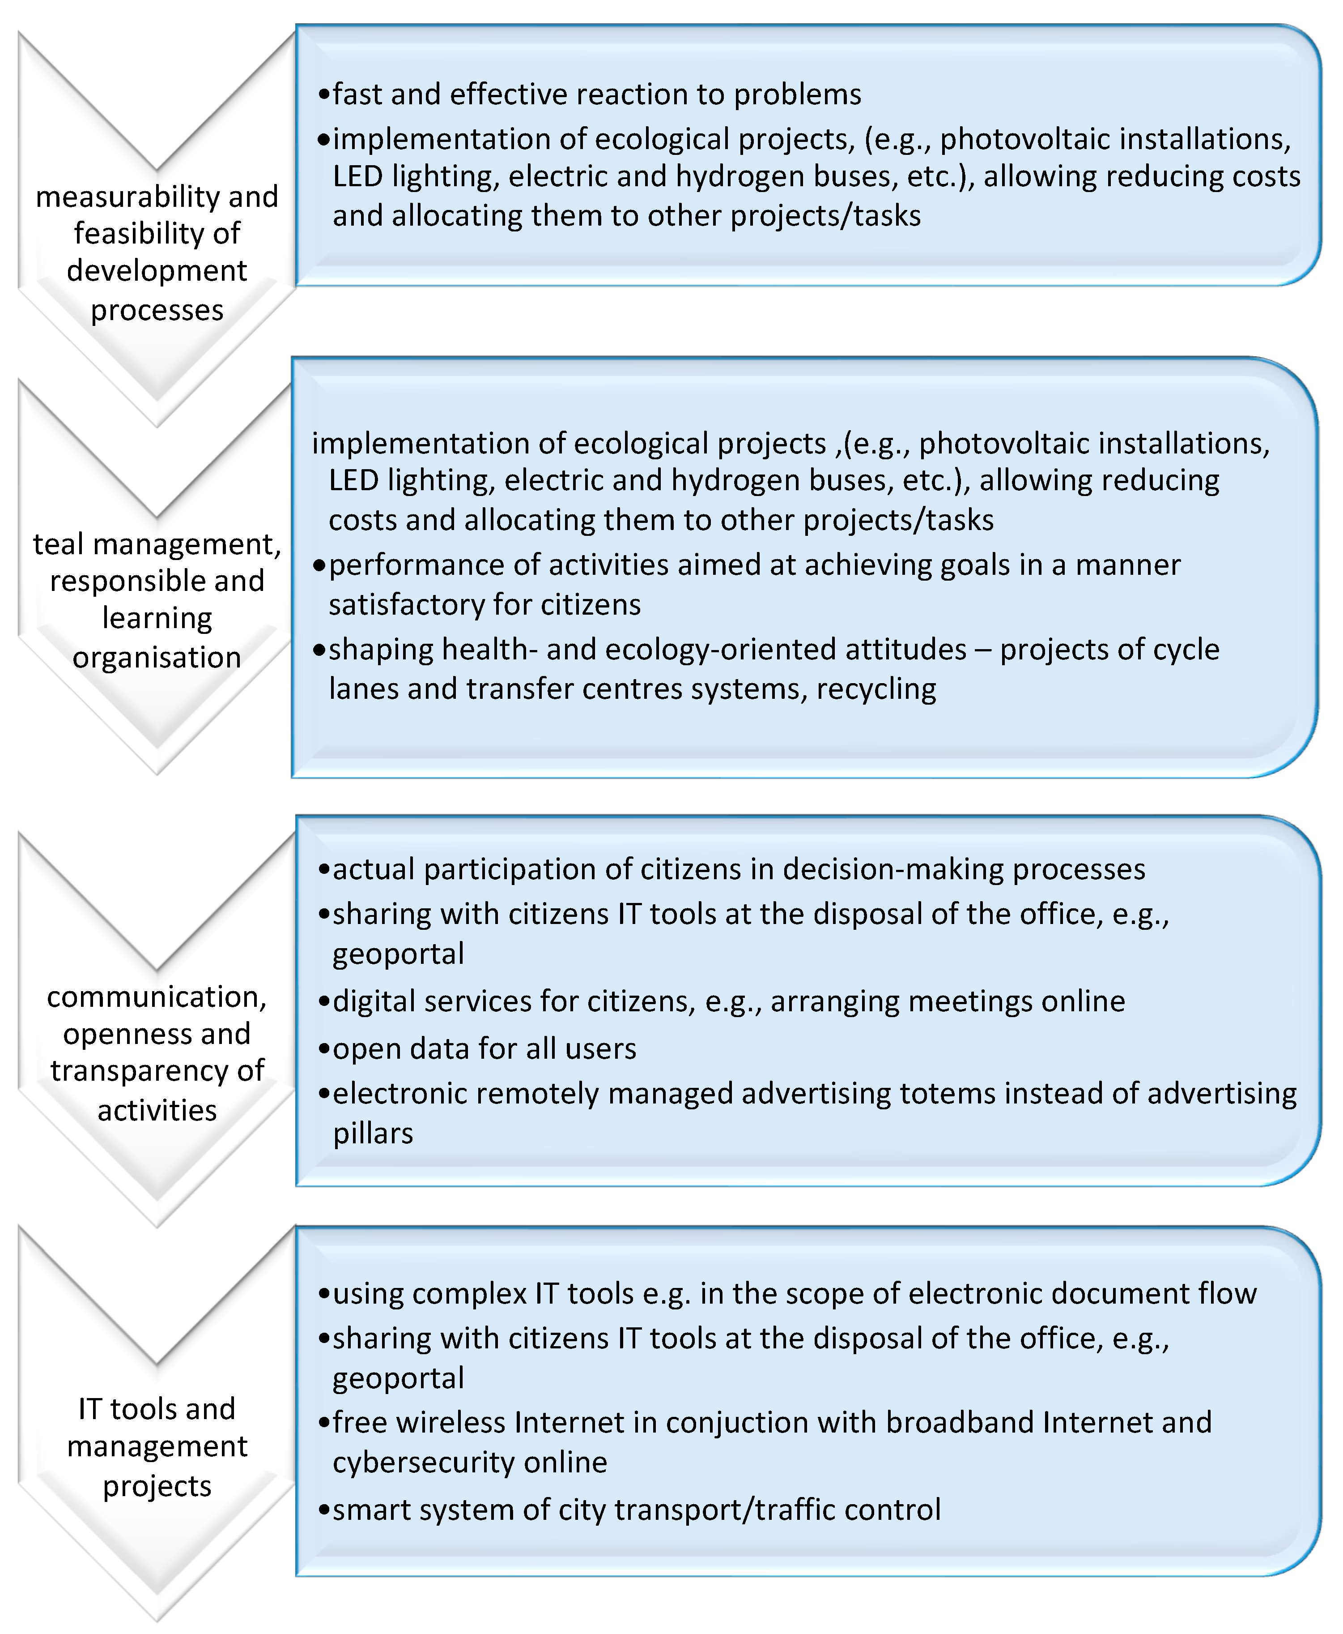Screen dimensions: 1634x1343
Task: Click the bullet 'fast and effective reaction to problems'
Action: [596, 94]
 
